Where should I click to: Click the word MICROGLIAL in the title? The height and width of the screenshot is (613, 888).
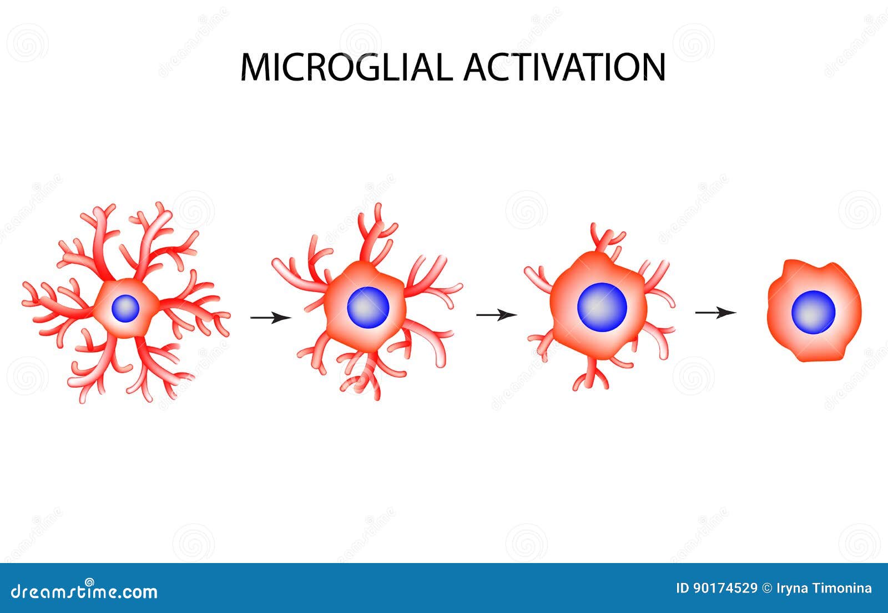click(x=346, y=67)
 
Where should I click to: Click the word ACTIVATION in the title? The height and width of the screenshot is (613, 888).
click(x=564, y=67)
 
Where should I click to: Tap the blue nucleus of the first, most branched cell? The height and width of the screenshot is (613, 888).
click(x=125, y=308)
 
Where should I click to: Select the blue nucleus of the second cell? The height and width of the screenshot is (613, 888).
click(x=368, y=307)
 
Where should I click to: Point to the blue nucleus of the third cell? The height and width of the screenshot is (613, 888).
click(x=602, y=307)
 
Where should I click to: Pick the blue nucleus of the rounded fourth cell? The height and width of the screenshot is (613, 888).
click(x=813, y=312)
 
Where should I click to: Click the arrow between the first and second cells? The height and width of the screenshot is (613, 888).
click(x=271, y=317)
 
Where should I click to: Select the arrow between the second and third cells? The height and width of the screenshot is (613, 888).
click(x=496, y=315)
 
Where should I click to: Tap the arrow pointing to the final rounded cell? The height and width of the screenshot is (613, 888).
click(x=715, y=313)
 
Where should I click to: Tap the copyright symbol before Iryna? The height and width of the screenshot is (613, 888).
click(x=767, y=589)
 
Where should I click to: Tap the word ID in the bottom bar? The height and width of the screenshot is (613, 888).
click(x=683, y=588)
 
